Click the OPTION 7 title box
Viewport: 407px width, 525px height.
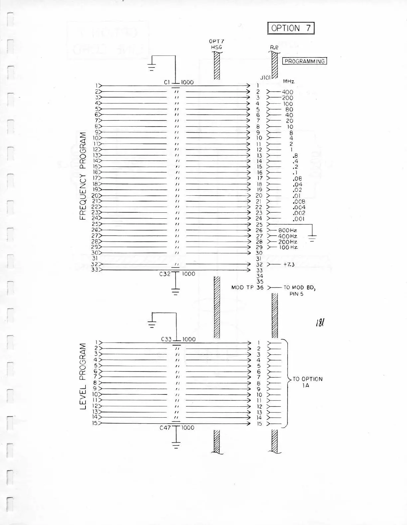click(x=291, y=28)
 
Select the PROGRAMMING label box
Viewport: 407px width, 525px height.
click(x=305, y=61)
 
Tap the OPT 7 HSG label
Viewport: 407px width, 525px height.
click(x=216, y=44)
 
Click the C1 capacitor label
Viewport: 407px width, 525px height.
click(x=167, y=82)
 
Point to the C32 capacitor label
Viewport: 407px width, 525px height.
click(x=165, y=274)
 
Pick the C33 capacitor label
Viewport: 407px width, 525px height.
click(x=166, y=339)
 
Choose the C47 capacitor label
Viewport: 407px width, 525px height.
click(x=165, y=428)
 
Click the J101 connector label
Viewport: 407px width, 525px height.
click(x=265, y=77)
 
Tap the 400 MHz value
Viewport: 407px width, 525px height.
click(x=288, y=92)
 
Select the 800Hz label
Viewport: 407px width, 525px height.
click(x=288, y=230)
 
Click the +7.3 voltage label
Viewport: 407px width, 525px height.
click(x=289, y=264)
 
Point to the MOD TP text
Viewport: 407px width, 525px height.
click(x=242, y=287)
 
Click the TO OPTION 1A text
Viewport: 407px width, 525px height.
click(x=307, y=382)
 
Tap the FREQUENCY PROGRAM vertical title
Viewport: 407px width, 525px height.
click(x=83, y=176)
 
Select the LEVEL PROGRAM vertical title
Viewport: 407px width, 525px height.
click(x=83, y=376)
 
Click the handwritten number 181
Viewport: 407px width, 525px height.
click(x=320, y=322)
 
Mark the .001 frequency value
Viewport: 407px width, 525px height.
click(x=299, y=219)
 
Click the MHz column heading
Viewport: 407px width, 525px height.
click(x=288, y=81)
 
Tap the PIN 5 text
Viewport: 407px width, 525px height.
click(x=296, y=294)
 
